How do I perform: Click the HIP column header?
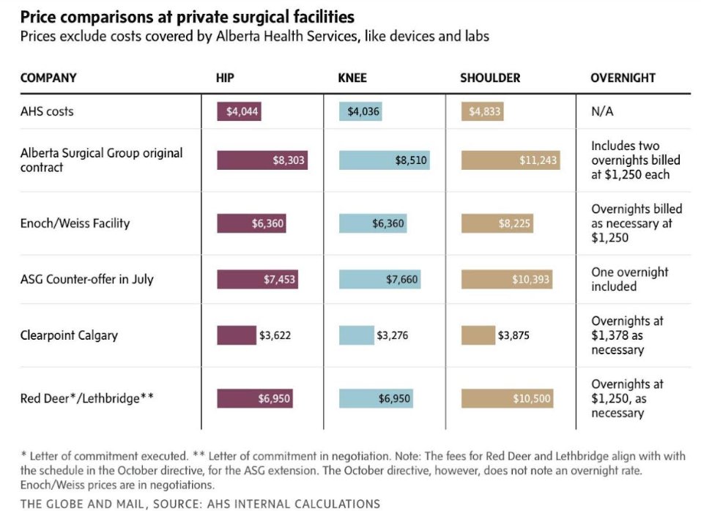(225, 78)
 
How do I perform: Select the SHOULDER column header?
(490, 78)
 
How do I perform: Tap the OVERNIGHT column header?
(623, 78)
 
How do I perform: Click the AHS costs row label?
(47, 111)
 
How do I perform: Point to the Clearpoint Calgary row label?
(69, 335)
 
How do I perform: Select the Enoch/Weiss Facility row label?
(75, 223)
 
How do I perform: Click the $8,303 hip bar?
(262, 160)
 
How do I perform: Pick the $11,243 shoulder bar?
(511, 160)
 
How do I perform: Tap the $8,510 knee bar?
(384, 160)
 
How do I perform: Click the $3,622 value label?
(276, 335)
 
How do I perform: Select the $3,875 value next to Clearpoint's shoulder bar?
(513, 335)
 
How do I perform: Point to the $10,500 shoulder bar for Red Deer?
(507, 398)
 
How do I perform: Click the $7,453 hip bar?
(258, 279)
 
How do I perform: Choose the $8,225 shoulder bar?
(497, 223)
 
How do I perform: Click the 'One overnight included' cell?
(629, 279)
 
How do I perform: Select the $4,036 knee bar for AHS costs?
(360, 111)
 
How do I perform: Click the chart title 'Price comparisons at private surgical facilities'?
(187, 16)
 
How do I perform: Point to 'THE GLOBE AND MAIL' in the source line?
(77, 504)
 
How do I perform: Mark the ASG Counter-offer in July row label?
(86, 279)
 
